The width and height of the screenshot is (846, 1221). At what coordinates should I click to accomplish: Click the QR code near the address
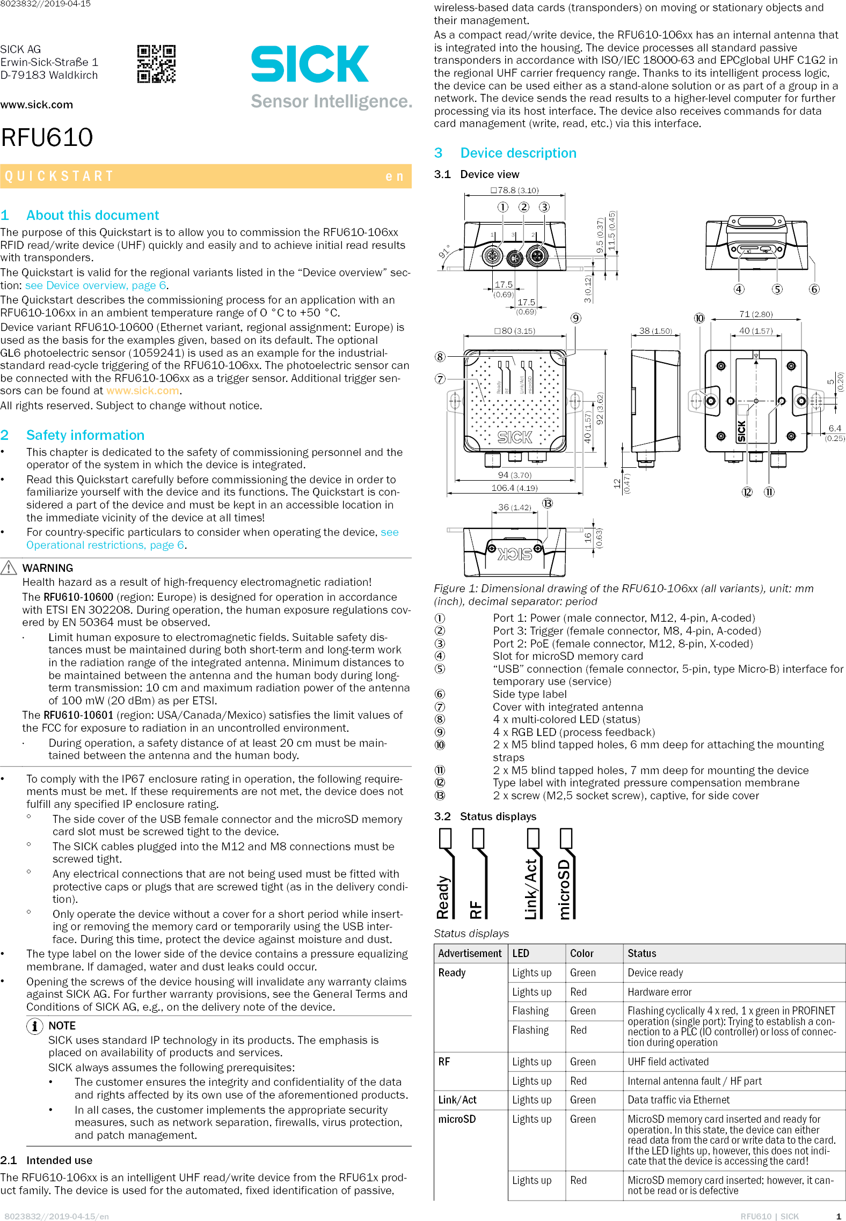[156, 64]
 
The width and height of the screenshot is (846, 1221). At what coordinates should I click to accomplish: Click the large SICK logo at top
[310, 64]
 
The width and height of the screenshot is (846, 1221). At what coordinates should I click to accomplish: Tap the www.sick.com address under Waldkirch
[37, 105]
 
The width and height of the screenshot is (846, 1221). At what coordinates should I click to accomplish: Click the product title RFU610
[47, 137]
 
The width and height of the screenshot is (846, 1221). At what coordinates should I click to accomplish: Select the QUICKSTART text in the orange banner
[59, 176]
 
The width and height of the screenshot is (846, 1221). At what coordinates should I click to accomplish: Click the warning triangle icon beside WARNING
[9, 568]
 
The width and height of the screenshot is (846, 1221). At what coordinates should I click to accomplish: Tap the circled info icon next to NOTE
[34, 1026]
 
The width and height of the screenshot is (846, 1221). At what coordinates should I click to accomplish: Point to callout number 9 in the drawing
[575, 318]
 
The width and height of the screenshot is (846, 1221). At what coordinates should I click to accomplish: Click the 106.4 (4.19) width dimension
[514, 488]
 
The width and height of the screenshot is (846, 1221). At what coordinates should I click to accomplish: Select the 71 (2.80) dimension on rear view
[755, 314]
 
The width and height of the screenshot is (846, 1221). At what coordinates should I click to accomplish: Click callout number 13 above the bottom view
[547, 503]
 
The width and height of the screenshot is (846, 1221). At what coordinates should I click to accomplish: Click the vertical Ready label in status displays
[443, 897]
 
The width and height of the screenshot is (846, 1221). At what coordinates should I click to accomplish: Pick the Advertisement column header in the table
[470, 953]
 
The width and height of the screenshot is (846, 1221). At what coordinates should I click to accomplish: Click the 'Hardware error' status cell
[659, 992]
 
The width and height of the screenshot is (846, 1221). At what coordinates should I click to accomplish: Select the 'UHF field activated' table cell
[668, 1062]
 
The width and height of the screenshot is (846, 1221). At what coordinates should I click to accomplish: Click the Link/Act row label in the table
[457, 1100]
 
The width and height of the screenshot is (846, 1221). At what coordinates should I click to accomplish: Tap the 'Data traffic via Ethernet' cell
[679, 1100]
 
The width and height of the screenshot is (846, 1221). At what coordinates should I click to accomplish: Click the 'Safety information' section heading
[85, 435]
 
